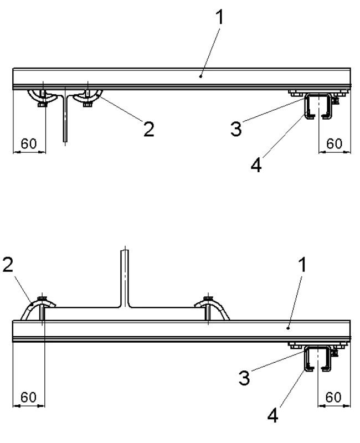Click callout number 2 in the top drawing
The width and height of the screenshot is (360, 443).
147,129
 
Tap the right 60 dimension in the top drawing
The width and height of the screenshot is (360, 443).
334,143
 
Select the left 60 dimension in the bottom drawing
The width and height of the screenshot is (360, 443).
28,398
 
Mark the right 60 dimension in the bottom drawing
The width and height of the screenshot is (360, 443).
334,398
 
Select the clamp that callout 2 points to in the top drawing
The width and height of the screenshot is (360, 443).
89,96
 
